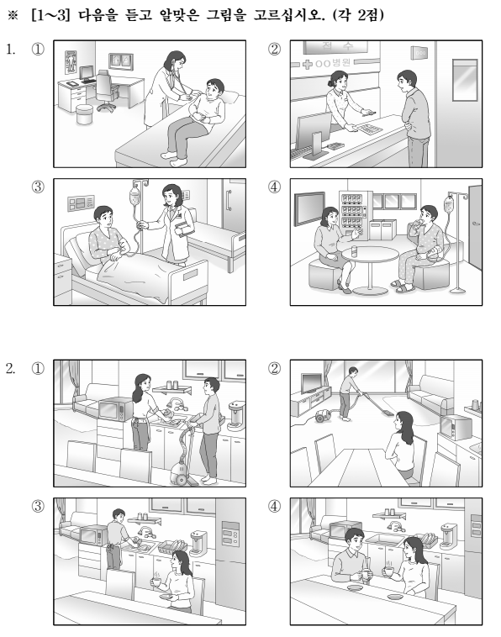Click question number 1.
[x=11, y=50]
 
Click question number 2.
[x=11, y=368]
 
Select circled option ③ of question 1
[x=38, y=187]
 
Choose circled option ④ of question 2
[x=274, y=506]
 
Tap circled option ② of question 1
[x=274, y=50]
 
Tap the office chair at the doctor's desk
[x=106, y=90]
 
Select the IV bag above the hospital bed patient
[x=134, y=196]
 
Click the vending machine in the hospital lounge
[x=356, y=215]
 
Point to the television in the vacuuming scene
[x=312, y=382]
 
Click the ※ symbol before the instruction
[x=13, y=15]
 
